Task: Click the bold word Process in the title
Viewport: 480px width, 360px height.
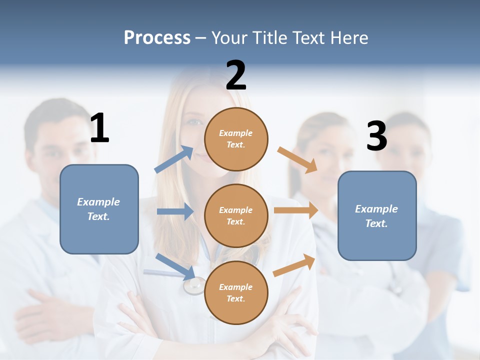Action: tap(157, 38)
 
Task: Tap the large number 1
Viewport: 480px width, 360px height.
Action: tap(99, 128)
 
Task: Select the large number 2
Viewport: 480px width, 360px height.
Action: tap(236, 75)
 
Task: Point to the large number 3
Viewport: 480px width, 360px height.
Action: tap(376, 136)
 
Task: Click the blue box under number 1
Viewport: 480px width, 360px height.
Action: tap(99, 209)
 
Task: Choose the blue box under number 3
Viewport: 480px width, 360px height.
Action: tap(377, 216)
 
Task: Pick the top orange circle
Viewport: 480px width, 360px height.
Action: tap(236, 139)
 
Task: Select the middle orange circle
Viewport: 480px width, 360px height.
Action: tap(236, 215)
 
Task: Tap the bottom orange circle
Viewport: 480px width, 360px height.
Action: tap(236, 292)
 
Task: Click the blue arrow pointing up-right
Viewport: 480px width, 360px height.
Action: tap(174, 159)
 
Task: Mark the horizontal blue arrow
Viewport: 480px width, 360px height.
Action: tap(175, 211)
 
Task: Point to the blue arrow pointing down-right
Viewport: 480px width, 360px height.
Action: tap(176, 266)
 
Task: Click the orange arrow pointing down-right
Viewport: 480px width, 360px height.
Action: tap(297, 160)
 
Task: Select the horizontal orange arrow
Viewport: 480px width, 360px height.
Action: tap(296, 210)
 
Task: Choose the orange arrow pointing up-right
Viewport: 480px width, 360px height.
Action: tap(294, 265)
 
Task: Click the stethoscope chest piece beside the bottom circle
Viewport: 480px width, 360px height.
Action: tap(194, 286)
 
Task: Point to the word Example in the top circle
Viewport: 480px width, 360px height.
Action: tap(236, 133)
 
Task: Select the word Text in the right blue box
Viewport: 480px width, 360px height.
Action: tap(375, 223)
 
